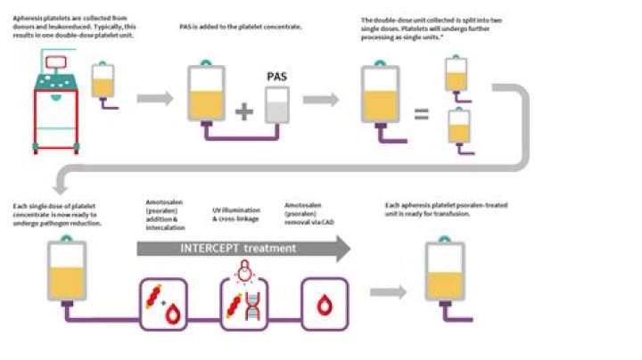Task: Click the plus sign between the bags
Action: point(244,112)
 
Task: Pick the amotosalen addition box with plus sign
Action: point(162,303)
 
